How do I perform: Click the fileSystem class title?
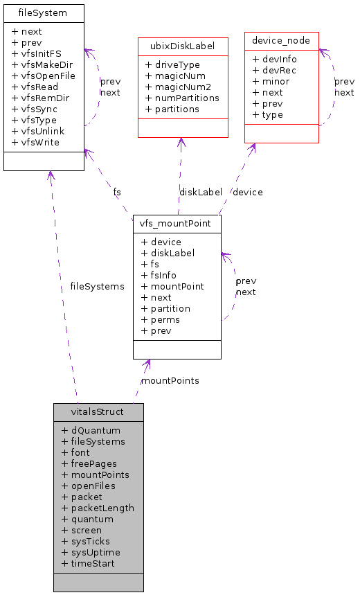point(44,13)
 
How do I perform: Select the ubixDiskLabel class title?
point(183,46)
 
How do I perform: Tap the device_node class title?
point(281,41)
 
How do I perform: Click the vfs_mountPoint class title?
point(177,224)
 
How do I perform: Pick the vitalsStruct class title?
point(98,411)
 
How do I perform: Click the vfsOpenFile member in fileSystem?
point(44,76)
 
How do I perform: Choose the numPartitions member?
point(182,98)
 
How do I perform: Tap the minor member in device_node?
point(271,81)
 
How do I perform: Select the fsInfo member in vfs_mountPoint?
point(159,275)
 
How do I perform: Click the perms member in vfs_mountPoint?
point(160,319)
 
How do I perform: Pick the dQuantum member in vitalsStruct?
point(91,430)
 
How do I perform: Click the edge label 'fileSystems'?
point(97,286)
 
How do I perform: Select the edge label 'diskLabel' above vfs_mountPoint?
point(201,192)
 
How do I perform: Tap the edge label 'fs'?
point(117,192)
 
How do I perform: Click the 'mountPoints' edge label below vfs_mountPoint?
point(170,380)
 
